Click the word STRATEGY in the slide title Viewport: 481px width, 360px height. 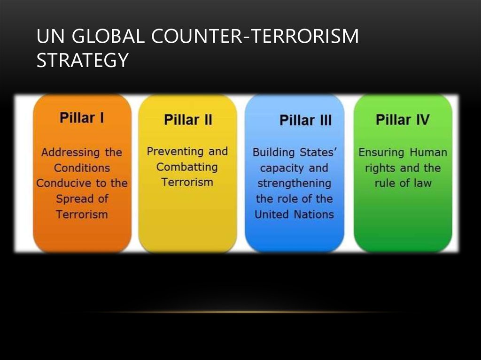coord(83,60)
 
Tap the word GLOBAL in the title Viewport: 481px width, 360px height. coord(109,36)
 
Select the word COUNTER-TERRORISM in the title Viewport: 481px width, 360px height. coord(255,36)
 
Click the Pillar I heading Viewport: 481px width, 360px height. coord(82,118)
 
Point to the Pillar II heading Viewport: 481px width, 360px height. coord(188,120)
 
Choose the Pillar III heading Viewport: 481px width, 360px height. coord(305,120)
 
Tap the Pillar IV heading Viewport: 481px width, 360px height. coord(403,120)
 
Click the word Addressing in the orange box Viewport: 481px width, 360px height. coord(70,153)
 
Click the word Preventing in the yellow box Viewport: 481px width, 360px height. coord(175,152)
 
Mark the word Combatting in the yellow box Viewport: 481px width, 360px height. coord(187,167)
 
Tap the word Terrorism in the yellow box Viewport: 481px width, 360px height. coord(187,182)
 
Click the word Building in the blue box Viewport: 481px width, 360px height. coord(274,153)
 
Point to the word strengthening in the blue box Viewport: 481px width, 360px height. coord(294,184)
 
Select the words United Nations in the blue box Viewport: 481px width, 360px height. coord(294,214)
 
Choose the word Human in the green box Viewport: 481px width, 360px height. coord(428,152)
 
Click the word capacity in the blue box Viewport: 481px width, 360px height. coord(282,169)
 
